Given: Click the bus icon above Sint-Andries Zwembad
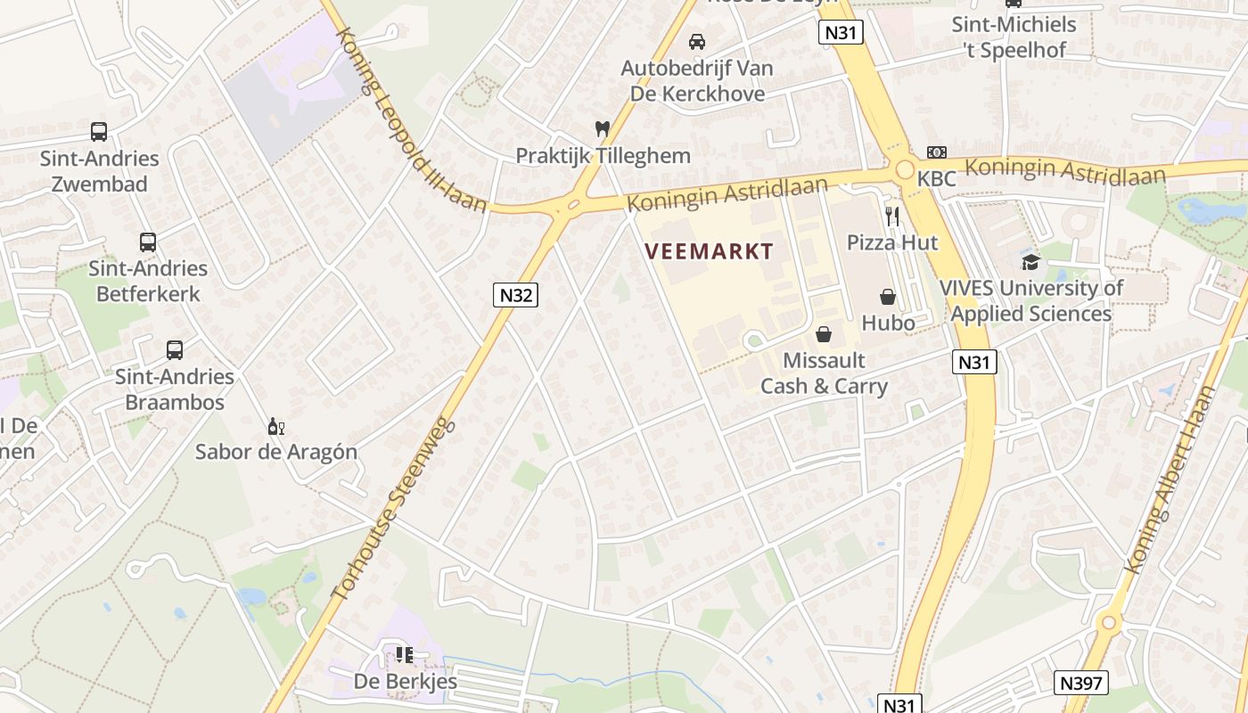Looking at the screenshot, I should coord(99,132).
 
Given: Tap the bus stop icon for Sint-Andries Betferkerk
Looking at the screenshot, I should coord(148,242).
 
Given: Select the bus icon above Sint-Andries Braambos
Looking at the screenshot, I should coord(175,350).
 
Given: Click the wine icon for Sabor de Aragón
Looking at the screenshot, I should coord(276,427).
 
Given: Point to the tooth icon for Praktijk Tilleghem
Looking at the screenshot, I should coord(603,129).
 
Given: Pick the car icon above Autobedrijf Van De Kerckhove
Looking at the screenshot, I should coord(697,41).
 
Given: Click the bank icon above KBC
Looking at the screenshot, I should coord(936,152).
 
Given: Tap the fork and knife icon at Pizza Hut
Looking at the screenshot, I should coord(892,216).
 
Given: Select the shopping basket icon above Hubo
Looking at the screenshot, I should coord(888,297).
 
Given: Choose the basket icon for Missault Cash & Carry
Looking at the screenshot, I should coord(824,334).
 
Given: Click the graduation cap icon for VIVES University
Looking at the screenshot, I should coord(1030,262).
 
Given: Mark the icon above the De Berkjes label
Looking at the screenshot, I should coord(405,656).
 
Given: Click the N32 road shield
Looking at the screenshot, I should coord(516,294).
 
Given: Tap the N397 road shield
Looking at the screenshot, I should coord(1081,684).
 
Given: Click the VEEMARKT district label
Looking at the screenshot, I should coord(709,251).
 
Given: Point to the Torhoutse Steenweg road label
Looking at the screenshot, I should coord(392,508).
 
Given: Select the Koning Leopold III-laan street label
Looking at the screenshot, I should coord(410,120).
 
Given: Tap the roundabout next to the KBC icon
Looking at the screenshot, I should coord(905,169).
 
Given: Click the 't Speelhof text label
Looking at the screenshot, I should coord(1014,50).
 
